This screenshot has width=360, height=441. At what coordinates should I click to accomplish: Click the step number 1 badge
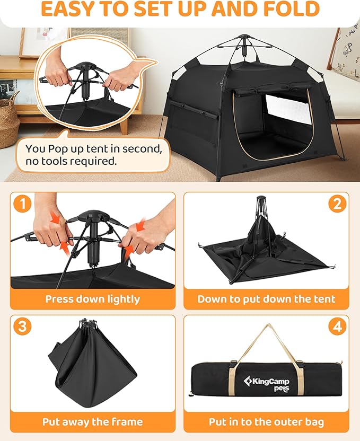22,204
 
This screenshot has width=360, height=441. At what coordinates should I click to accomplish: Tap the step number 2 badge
337,204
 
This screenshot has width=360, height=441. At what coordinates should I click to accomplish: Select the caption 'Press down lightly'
92,299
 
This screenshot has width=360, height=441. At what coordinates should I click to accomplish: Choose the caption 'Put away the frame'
92,422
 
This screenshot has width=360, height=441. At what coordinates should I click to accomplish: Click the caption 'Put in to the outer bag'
266,422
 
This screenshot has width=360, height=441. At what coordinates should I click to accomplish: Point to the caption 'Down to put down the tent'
266,299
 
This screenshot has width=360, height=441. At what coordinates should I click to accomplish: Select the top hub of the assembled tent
243,38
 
